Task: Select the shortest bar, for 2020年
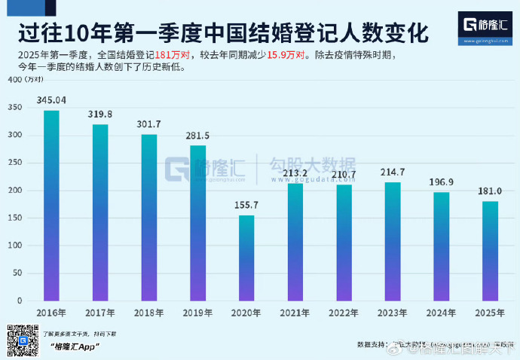tap(247, 258)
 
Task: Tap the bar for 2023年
tap(393, 241)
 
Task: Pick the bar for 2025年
tap(491, 251)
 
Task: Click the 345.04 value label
tap(52, 100)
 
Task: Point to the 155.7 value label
tap(247, 205)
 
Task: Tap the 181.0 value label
tap(491, 191)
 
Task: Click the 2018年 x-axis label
tap(149, 312)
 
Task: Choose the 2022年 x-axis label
tap(344, 312)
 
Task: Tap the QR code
tap(22, 340)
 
